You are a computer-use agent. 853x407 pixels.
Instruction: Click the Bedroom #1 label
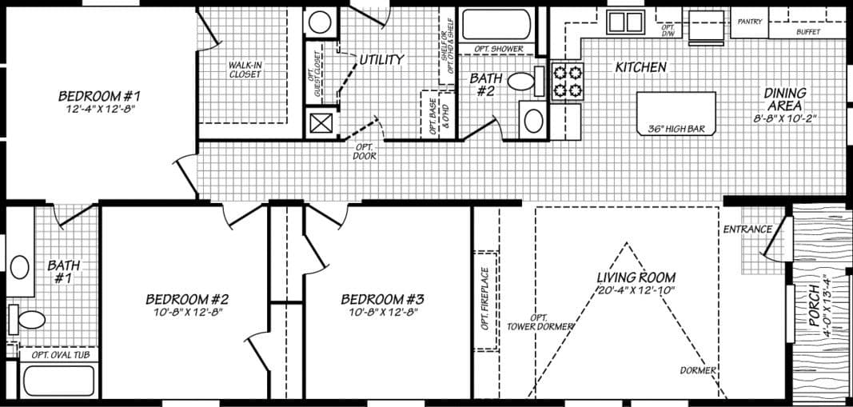pos(98,95)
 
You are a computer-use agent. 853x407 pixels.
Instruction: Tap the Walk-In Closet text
pos(245,69)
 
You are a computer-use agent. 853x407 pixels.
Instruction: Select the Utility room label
pos(381,60)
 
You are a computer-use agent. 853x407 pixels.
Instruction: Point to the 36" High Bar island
pos(676,112)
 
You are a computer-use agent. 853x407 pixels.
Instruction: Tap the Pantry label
pos(749,22)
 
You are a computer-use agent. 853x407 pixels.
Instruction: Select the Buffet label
pos(807,32)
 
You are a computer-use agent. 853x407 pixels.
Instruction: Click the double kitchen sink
pos(624,22)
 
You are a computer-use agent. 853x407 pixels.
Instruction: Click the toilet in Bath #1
pos(30,320)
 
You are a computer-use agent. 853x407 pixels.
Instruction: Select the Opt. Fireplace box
pos(485,301)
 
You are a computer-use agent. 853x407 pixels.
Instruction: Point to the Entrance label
pos(747,229)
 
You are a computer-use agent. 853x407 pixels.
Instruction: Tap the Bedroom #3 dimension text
pos(382,313)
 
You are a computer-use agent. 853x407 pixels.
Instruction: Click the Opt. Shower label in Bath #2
pos(499,49)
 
